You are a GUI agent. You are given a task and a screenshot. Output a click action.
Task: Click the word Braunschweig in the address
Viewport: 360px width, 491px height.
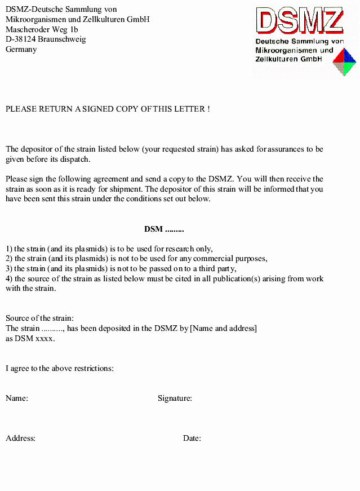[x=62, y=39]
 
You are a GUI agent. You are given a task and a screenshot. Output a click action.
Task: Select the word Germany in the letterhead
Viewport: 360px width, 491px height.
[x=21, y=50]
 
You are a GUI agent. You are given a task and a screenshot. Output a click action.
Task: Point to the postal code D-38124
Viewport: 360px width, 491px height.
[x=21, y=39]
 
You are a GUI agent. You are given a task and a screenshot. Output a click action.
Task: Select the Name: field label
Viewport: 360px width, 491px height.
[x=17, y=399]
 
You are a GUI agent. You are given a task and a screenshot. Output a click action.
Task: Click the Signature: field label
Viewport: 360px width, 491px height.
[x=175, y=399]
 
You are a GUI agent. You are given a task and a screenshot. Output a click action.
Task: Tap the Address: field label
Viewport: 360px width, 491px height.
[x=21, y=439]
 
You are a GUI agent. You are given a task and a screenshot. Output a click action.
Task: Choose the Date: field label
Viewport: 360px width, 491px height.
[x=192, y=439]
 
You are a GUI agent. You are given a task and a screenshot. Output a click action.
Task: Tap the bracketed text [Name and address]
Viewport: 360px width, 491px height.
[x=224, y=329]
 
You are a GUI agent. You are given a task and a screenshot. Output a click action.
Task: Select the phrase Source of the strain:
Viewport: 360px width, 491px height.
[x=39, y=319]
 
